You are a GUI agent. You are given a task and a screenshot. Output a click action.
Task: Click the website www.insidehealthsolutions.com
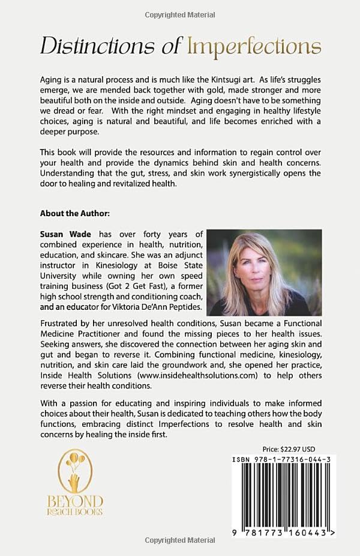(188, 375)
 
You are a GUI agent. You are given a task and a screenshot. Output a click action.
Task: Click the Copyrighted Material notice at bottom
(180, 540)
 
